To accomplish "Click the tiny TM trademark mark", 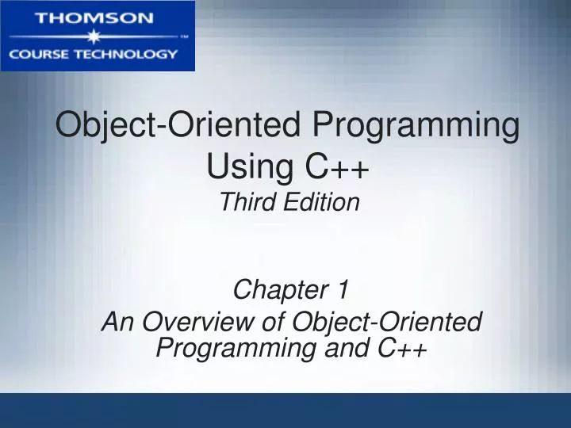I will click(x=184, y=36).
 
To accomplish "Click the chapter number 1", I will click(x=343, y=291).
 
